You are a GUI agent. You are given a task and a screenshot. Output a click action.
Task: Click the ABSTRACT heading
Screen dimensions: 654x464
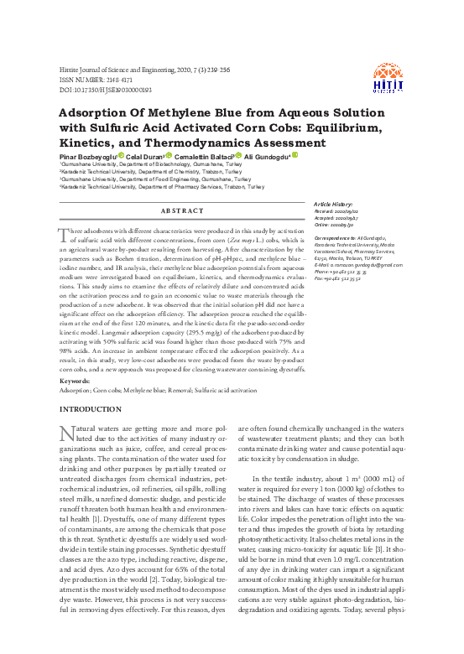coord(181,210)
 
